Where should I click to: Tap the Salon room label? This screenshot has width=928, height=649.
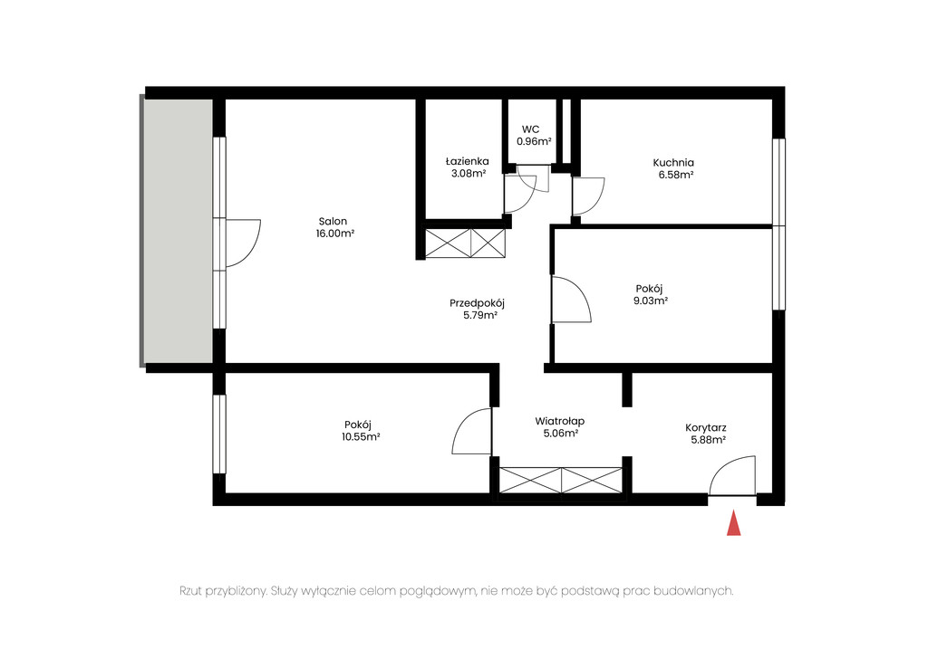(x=333, y=222)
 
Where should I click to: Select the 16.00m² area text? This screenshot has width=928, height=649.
(x=335, y=234)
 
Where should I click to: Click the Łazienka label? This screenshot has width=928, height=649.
(x=468, y=161)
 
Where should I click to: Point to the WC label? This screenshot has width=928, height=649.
(x=530, y=129)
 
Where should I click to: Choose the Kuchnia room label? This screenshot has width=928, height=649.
(x=673, y=163)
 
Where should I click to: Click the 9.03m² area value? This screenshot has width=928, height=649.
(x=651, y=301)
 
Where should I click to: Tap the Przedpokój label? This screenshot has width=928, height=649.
(x=477, y=304)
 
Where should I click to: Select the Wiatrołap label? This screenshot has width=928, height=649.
(x=560, y=422)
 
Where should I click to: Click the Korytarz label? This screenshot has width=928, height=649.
(x=706, y=428)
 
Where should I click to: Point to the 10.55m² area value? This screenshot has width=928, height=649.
(x=361, y=437)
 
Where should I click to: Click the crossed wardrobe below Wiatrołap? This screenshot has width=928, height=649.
(x=561, y=480)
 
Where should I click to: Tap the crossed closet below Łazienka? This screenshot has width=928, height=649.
(x=466, y=243)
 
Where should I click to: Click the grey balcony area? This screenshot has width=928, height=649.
(x=177, y=231)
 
